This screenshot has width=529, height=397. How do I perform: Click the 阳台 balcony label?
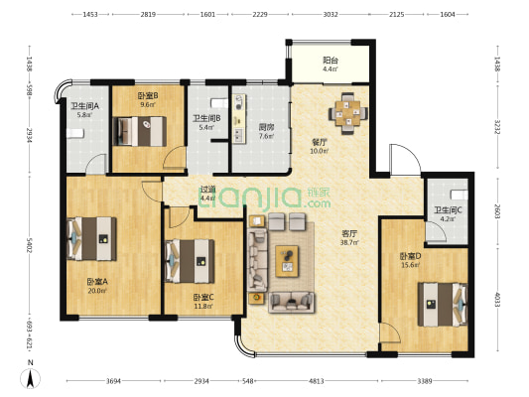(x=330, y=61)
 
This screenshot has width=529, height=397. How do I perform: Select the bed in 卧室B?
(x=140, y=130)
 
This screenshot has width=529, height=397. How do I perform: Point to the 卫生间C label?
(x=445, y=210)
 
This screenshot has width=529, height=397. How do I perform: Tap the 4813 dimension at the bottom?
(x=316, y=381)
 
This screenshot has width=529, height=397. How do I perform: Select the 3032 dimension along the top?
(x=330, y=15)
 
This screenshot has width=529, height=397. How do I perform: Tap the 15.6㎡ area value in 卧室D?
(x=411, y=263)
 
